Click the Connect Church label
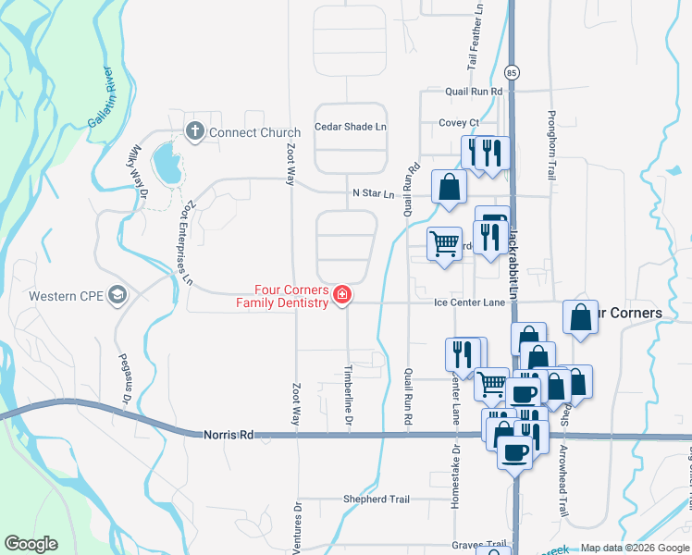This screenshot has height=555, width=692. pos(254,132)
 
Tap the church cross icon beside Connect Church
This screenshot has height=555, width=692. pos(194,131)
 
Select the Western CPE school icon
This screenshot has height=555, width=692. pos(117,296)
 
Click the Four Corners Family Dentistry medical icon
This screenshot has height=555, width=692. pos(342,296)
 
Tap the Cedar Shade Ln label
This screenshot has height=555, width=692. pos(351,127)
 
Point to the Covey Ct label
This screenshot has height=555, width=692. pos(459,122)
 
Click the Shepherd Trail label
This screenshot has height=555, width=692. pos(375,499)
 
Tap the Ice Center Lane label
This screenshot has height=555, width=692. pos(470,302)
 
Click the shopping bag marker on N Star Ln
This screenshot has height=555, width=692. pos(449,186)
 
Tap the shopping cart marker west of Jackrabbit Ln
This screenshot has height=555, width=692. pos(445,244)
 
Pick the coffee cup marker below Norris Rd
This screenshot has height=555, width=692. pos(514,451)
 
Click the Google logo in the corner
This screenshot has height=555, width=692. pos(31,544)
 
